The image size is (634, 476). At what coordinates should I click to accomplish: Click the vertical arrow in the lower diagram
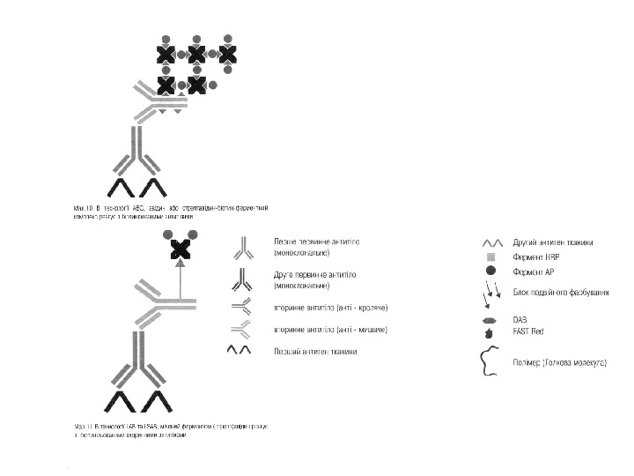coord(181,282)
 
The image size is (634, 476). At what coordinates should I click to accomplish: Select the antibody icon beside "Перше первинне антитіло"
coord(243,246)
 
